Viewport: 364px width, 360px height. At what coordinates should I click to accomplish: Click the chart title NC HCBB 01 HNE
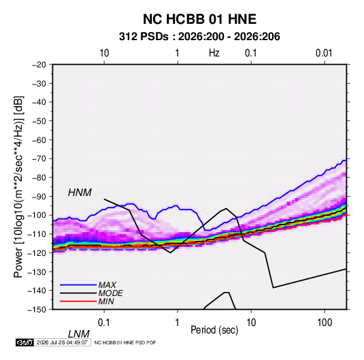(199, 19)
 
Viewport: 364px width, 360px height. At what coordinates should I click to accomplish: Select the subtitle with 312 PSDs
(199, 37)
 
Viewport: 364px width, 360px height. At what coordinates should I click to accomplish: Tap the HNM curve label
(80, 193)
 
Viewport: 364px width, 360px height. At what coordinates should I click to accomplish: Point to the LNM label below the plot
(78, 334)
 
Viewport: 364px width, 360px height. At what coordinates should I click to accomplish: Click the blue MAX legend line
(78, 284)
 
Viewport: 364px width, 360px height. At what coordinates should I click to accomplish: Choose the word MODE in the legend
(110, 293)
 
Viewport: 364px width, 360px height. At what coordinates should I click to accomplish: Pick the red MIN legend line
(78, 301)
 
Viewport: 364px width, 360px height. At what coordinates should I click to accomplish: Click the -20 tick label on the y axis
(39, 65)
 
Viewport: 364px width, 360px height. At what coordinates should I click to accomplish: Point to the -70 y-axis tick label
(39, 159)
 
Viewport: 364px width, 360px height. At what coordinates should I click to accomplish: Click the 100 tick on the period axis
(325, 323)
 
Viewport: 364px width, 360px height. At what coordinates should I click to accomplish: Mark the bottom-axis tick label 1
(178, 323)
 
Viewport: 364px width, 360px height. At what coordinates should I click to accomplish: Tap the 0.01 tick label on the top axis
(324, 53)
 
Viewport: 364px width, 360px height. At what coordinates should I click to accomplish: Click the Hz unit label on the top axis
(214, 53)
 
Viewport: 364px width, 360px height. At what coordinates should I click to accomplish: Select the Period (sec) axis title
(214, 330)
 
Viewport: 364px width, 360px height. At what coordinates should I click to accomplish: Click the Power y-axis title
(18, 187)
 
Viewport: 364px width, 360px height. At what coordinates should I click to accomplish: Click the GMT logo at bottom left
(24, 342)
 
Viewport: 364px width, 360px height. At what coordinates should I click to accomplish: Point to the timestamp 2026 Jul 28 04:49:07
(62, 342)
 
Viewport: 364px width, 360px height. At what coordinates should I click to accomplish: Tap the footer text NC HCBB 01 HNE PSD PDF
(125, 342)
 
